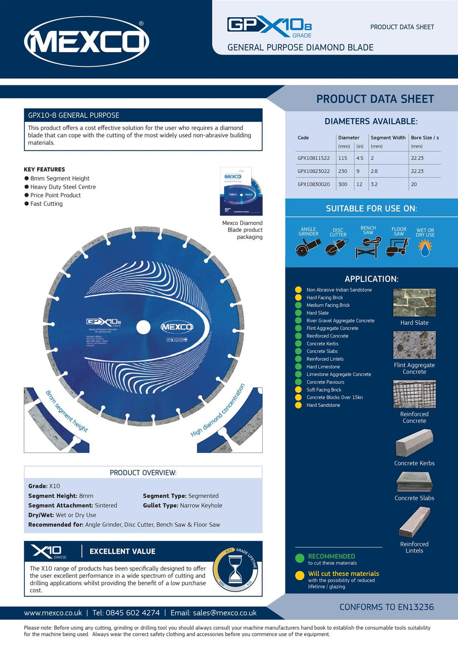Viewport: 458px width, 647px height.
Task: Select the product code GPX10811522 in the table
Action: tap(313, 158)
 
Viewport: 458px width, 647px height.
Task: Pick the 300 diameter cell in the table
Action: tap(343, 184)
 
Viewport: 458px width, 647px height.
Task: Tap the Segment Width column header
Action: tap(388, 137)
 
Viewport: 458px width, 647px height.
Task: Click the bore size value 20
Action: tap(414, 184)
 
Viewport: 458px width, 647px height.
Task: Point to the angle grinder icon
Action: tap(308, 247)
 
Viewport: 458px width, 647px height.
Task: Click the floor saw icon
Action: tap(398, 247)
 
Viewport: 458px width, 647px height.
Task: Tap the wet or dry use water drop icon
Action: tap(425, 247)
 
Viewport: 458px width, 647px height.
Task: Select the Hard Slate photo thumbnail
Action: tap(414, 303)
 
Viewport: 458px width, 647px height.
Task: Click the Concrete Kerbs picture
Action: tap(414, 443)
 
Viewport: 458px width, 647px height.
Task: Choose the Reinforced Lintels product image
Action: tap(414, 522)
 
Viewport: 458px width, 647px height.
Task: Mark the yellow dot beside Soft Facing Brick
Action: tap(298, 390)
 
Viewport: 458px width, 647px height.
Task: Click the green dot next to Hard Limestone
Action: tap(298, 366)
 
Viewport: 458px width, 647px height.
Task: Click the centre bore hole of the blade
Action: tap(143, 327)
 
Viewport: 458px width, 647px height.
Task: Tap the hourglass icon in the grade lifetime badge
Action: tap(235, 570)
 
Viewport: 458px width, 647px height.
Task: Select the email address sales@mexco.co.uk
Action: tap(224, 613)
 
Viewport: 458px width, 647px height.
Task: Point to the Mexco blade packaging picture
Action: tap(242, 192)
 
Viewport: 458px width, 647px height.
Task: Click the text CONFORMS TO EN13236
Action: tap(386, 607)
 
